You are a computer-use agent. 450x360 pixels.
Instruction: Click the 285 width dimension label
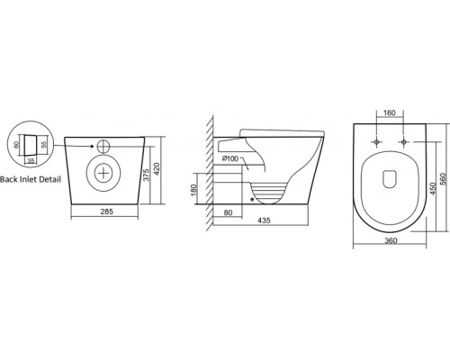(x=106, y=211)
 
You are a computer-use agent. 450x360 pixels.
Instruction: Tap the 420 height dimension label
(x=157, y=169)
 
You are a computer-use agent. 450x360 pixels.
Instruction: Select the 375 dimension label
(x=146, y=174)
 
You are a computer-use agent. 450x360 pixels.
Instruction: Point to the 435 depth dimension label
(x=264, y=220)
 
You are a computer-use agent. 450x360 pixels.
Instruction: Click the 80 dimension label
(x=228, y=212)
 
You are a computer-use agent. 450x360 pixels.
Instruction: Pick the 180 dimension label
(x=193, y=190)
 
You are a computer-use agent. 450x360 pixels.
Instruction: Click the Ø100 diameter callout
(x=230, y=158)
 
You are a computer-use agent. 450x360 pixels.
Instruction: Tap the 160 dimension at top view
(x=390, y=112)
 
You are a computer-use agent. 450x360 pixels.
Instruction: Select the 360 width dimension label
(x=391, y=240)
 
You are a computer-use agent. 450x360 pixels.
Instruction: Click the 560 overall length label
(x=445, y=178)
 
